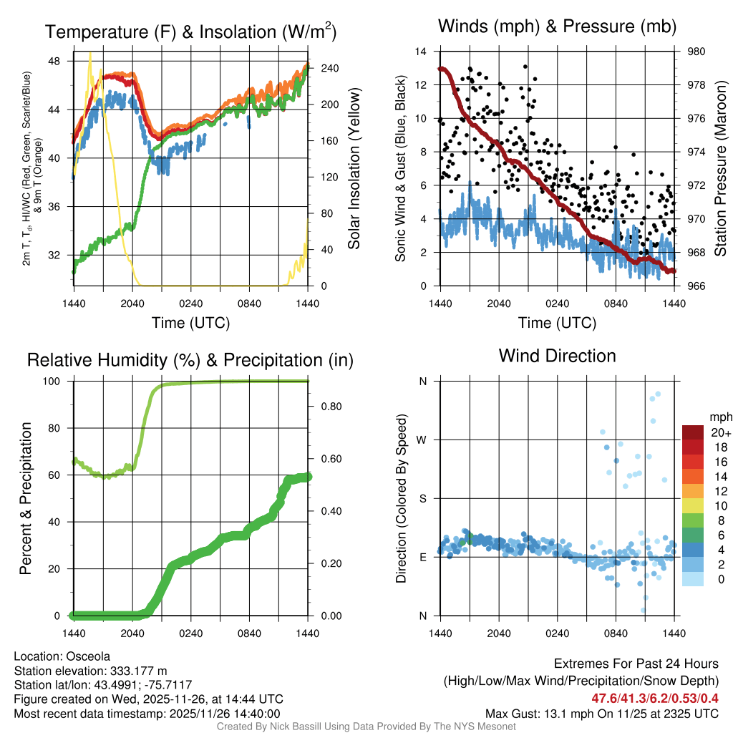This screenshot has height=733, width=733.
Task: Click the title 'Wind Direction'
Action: pyautogui.click(x=557, y=356)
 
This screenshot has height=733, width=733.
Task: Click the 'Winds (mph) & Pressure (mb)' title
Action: pyautogui.click(x=557, y=27)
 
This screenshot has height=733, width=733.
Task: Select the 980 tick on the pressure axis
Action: pyautogui.click(x=695, y=52)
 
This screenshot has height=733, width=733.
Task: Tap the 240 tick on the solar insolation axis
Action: pyautogui.click(x=321, y=68)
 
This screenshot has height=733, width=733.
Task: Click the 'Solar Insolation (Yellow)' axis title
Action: pyautogui.click(x=354, y=169)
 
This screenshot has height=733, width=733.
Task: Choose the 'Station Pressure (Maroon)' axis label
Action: pyautogui.click(x=721, y=169)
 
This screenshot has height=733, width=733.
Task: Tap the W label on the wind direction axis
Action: pyautogui.click(x=422, y=440)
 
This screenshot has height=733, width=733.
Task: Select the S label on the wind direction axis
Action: pyautogui.click(x=423, y=498)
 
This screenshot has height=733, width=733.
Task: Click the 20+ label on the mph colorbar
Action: pyautogui.click(x=719, y=432)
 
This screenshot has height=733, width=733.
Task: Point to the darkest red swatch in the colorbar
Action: pyautogui.click(x=692, y=432)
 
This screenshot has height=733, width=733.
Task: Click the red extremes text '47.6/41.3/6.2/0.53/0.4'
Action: pyautogui.click(x=654, y=698)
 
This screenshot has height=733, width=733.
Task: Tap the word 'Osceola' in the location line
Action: pyautogui.click(x=88, y=656)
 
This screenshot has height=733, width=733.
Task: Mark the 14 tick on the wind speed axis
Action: pyautogui.click(x=422, y=52)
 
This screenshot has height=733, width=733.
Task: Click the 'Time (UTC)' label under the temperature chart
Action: pyautogui.click(x=190, y=323)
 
